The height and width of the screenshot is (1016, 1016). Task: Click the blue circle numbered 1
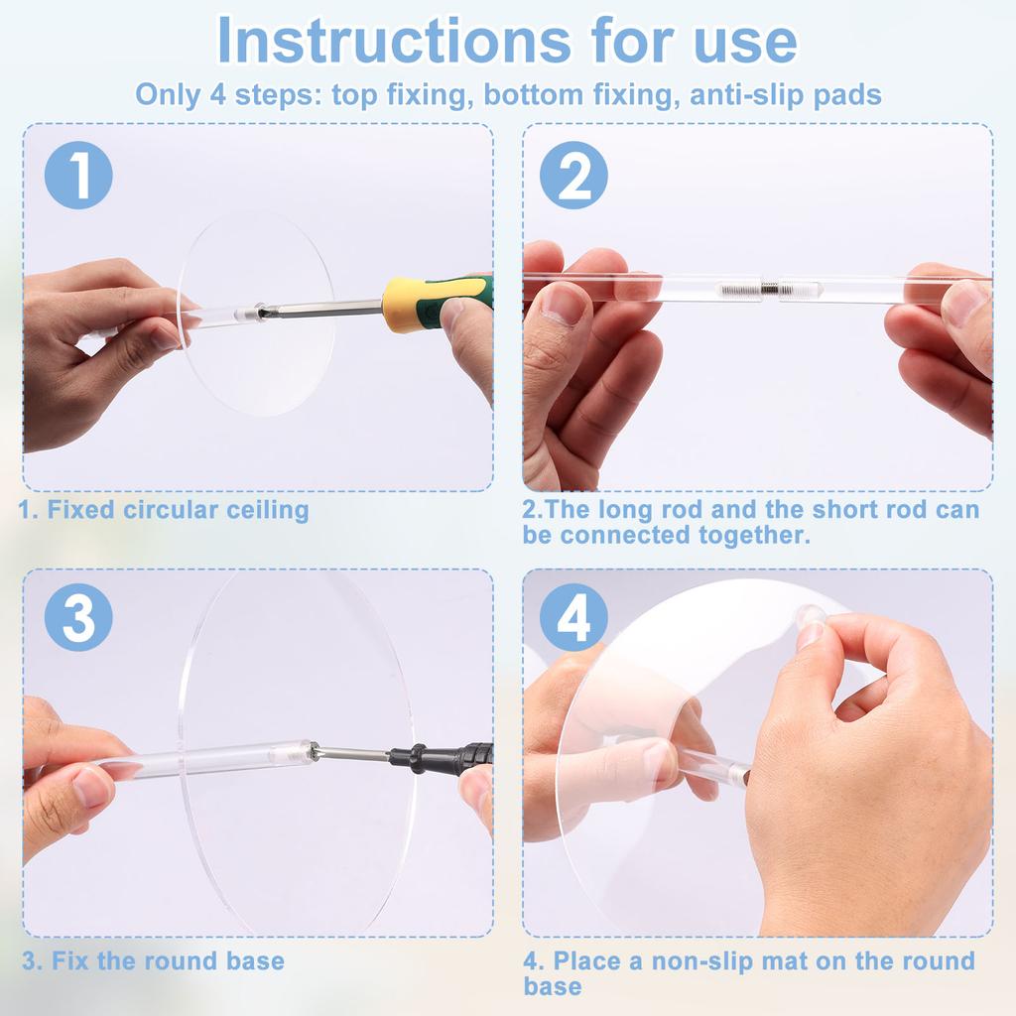point(78,175)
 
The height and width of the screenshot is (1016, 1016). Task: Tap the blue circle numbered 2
point(573,175)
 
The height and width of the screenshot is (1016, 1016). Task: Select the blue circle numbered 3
point(78,617)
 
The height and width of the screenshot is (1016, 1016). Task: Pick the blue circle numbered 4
point(573,617)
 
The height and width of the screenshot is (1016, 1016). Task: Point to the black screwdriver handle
point(442,758)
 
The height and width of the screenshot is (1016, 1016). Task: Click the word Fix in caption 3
point(71,960)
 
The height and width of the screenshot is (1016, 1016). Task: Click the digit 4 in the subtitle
point(217,95)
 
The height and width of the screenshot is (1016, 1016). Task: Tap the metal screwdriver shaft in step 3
point(353,753)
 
